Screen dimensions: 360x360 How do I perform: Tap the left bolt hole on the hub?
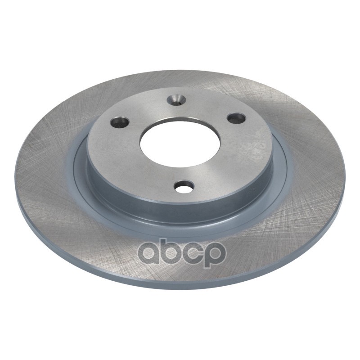pyautogui.click(x=119, y=122)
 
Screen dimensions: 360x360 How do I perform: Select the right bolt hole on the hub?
pyautogui.click(x=236, y=118)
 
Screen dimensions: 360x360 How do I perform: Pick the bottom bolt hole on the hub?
pyautogui.click(x=185, y=186)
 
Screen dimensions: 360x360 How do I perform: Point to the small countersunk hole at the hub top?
pyautogui.click(x=176, y=100)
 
